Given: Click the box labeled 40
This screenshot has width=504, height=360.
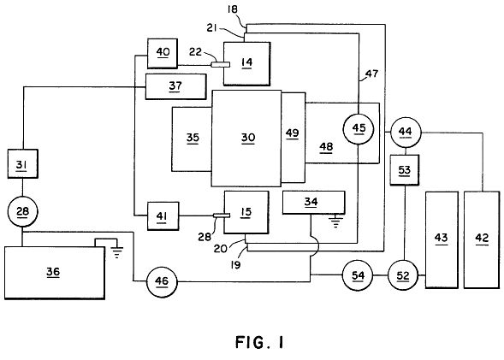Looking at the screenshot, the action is click(x=163, y=53).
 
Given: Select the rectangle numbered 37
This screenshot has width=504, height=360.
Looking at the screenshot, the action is click(x=175, y=86).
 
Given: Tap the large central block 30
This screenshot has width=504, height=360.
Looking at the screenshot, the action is click(x=246, y=138).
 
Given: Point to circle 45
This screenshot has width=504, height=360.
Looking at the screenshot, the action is click(x=359, y=128).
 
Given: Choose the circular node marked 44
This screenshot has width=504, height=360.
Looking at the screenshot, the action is click(x=406, y=133).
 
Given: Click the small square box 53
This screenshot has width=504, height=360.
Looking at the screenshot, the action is click(x=405, y=170).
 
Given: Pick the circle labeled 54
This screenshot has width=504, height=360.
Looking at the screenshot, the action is click(x=358, y=275).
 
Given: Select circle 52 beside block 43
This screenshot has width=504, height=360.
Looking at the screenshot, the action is click(x=403, y=275).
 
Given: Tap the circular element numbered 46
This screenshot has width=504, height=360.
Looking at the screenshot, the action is click(x=162, y=281).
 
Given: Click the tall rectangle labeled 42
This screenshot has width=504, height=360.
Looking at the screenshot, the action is click(x=482, y=239).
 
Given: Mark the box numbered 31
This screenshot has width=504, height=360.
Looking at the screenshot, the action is click(x=23, y=164).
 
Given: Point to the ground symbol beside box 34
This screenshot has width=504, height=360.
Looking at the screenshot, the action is click(x=336, y=221).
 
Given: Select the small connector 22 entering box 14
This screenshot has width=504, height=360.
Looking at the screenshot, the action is click(x=221, y=64).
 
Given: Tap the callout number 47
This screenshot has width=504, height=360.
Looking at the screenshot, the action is click(x=371, y=74).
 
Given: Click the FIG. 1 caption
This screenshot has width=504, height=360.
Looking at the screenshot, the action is click(x=260, y=342).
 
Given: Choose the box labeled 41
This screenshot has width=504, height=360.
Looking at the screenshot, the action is click(x=163, y=216).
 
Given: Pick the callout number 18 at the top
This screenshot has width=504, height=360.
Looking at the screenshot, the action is click(x=232, y=9).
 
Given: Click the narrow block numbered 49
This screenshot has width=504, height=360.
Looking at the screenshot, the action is click(x=294, y=138).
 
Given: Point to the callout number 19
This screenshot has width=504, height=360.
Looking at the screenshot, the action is click(x=235, y=265).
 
